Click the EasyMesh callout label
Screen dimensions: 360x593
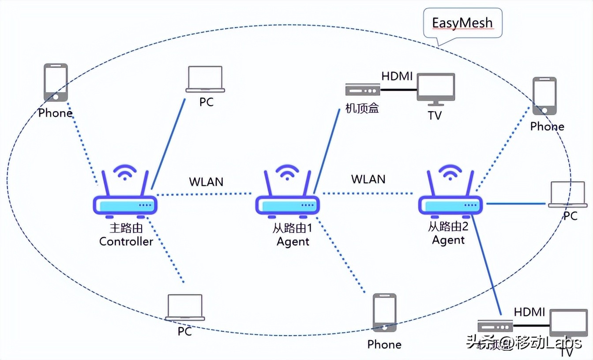tap(462, 23)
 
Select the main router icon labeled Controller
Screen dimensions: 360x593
tap(125, 204)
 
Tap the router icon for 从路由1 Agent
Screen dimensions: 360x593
tap(288, 204)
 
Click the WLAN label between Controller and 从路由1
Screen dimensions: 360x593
tap(206, 181)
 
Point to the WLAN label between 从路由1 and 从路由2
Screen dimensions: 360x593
tap(368, 179)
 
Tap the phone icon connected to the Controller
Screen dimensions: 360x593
tap(56, 82)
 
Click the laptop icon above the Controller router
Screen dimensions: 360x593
tap(205, 79)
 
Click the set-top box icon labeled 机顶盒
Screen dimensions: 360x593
tap(363, 90)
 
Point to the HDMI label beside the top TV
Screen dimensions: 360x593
tap(397, 76)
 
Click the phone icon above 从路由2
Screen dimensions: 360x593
tap(544, 96)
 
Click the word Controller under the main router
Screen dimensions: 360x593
tap(126, 241)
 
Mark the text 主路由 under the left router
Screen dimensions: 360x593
tap(126, 229)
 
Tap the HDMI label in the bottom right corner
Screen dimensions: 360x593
tap(529, 312)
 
